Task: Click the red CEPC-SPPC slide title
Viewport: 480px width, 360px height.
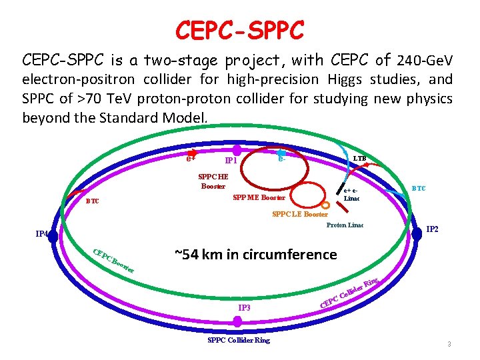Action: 240,29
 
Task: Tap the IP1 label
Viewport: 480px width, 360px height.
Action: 232,161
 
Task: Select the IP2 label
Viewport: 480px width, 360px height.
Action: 432,229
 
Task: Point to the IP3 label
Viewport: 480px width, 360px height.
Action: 245,308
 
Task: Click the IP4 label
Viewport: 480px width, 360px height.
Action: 41,234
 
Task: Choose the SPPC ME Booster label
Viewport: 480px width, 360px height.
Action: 259,197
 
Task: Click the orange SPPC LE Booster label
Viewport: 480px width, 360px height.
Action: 300,215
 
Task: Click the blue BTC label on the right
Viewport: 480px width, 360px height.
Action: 419,189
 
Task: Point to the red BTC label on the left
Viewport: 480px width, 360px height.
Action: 92,201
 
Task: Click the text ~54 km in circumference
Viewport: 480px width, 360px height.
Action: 255,254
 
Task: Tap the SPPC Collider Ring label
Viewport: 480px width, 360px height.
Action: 239,340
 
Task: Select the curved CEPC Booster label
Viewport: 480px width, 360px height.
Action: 113,261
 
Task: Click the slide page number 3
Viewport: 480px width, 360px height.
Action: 449,345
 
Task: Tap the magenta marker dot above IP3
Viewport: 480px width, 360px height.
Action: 238,321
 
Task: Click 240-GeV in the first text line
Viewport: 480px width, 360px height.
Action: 424,61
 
